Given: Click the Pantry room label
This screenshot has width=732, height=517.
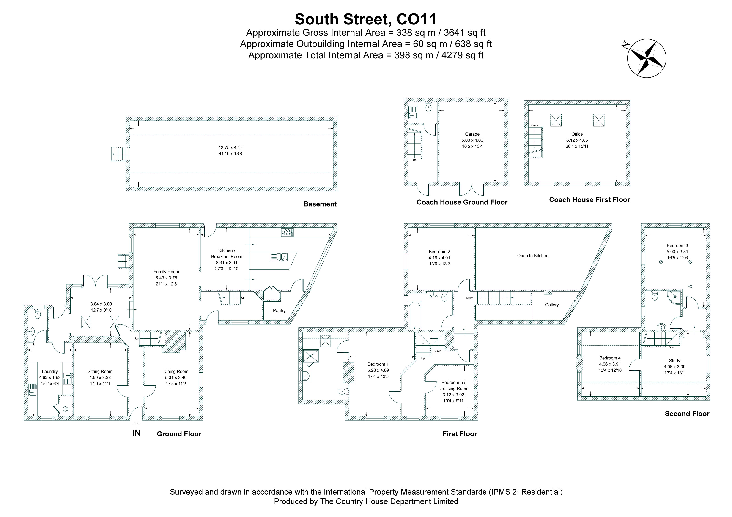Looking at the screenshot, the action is click(279, 310).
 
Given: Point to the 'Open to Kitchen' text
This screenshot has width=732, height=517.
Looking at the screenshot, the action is click(533, 256).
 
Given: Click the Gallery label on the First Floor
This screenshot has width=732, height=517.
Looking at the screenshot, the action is click(551, 305).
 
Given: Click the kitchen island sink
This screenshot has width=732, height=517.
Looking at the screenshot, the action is click(279, 257).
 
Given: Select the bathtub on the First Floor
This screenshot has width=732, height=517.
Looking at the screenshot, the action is click(414, 315).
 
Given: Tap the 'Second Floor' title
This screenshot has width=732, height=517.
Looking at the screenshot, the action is click(687, 414).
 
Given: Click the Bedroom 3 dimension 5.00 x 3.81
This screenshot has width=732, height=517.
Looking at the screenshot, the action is click(677, 251).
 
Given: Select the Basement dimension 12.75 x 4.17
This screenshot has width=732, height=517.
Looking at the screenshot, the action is click(230, 147).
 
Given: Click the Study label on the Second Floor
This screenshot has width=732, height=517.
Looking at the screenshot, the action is click(675, 361).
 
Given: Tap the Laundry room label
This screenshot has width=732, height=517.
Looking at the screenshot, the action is click(50, 371).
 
